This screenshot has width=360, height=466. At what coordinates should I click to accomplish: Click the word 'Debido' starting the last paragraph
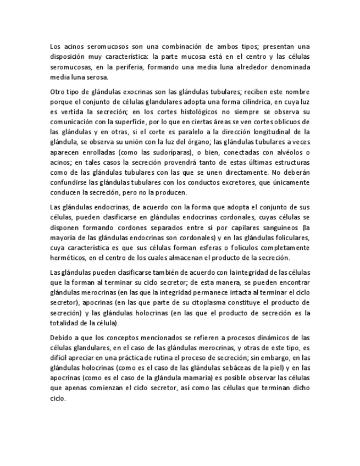point(60,337)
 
